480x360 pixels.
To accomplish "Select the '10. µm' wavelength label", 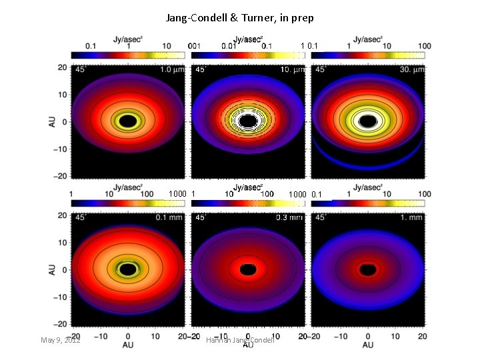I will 290,70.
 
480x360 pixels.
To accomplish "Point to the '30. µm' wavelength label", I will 409,70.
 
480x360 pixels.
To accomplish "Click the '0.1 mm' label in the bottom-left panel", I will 170,218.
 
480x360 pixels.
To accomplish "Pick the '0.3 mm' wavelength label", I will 289,218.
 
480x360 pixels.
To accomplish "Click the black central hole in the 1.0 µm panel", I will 128,121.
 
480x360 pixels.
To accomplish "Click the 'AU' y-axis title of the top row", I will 53,121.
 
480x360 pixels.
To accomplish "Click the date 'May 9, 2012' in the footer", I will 61,340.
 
